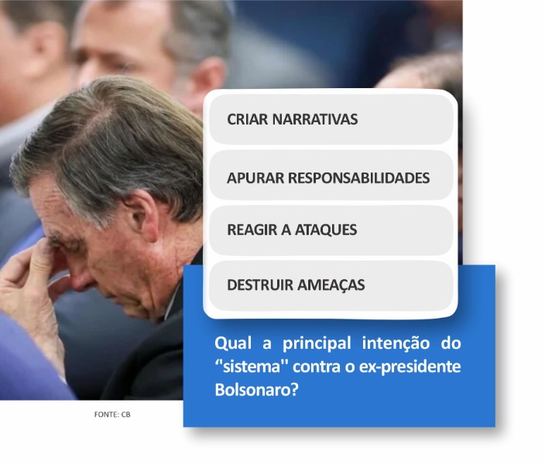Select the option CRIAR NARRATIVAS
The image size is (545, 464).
(x=331, y=119)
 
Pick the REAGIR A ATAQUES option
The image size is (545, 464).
(x=331, y=230)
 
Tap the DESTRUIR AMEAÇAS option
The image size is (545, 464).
(x=331, y=285)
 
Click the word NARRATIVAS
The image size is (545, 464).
(x=315, y=119)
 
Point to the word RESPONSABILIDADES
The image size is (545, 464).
(x=358, y=178)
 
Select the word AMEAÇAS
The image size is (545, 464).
(x=331, y=285)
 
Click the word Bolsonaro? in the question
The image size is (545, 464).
(x=256, y=390)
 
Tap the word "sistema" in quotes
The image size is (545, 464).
(x=249, y=367)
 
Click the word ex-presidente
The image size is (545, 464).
(x=410, y=367)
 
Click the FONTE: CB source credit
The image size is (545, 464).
(x=112, y=415)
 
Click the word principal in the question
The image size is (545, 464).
(x=317, y=344)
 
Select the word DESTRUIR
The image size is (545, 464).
(x=260, y=285)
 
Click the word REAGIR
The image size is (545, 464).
(x=252, y=230)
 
